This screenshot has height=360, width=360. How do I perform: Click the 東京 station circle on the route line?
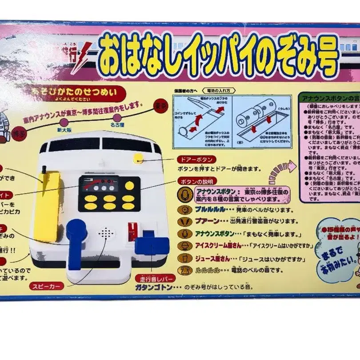pos(161,106)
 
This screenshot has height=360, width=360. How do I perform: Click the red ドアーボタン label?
pos(196,159)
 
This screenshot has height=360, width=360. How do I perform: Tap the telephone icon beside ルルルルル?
pos(184,270)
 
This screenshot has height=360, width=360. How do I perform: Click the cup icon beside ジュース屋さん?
pos(184,258)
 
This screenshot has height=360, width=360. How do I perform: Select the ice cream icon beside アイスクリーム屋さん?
pos(184,246)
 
